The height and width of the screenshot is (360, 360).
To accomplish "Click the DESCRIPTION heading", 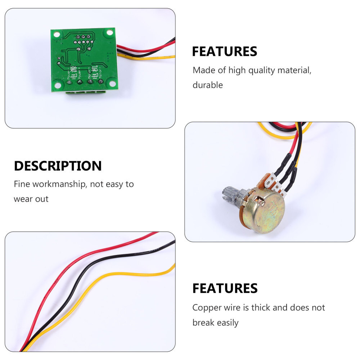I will point(58,166).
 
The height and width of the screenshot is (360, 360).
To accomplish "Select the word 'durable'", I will point(207,85).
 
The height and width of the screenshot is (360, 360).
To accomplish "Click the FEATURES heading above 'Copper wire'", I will point(225,288).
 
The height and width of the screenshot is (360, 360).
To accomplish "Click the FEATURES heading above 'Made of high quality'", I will point(224,51).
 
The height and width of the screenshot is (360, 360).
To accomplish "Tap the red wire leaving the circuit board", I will point(144,49).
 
